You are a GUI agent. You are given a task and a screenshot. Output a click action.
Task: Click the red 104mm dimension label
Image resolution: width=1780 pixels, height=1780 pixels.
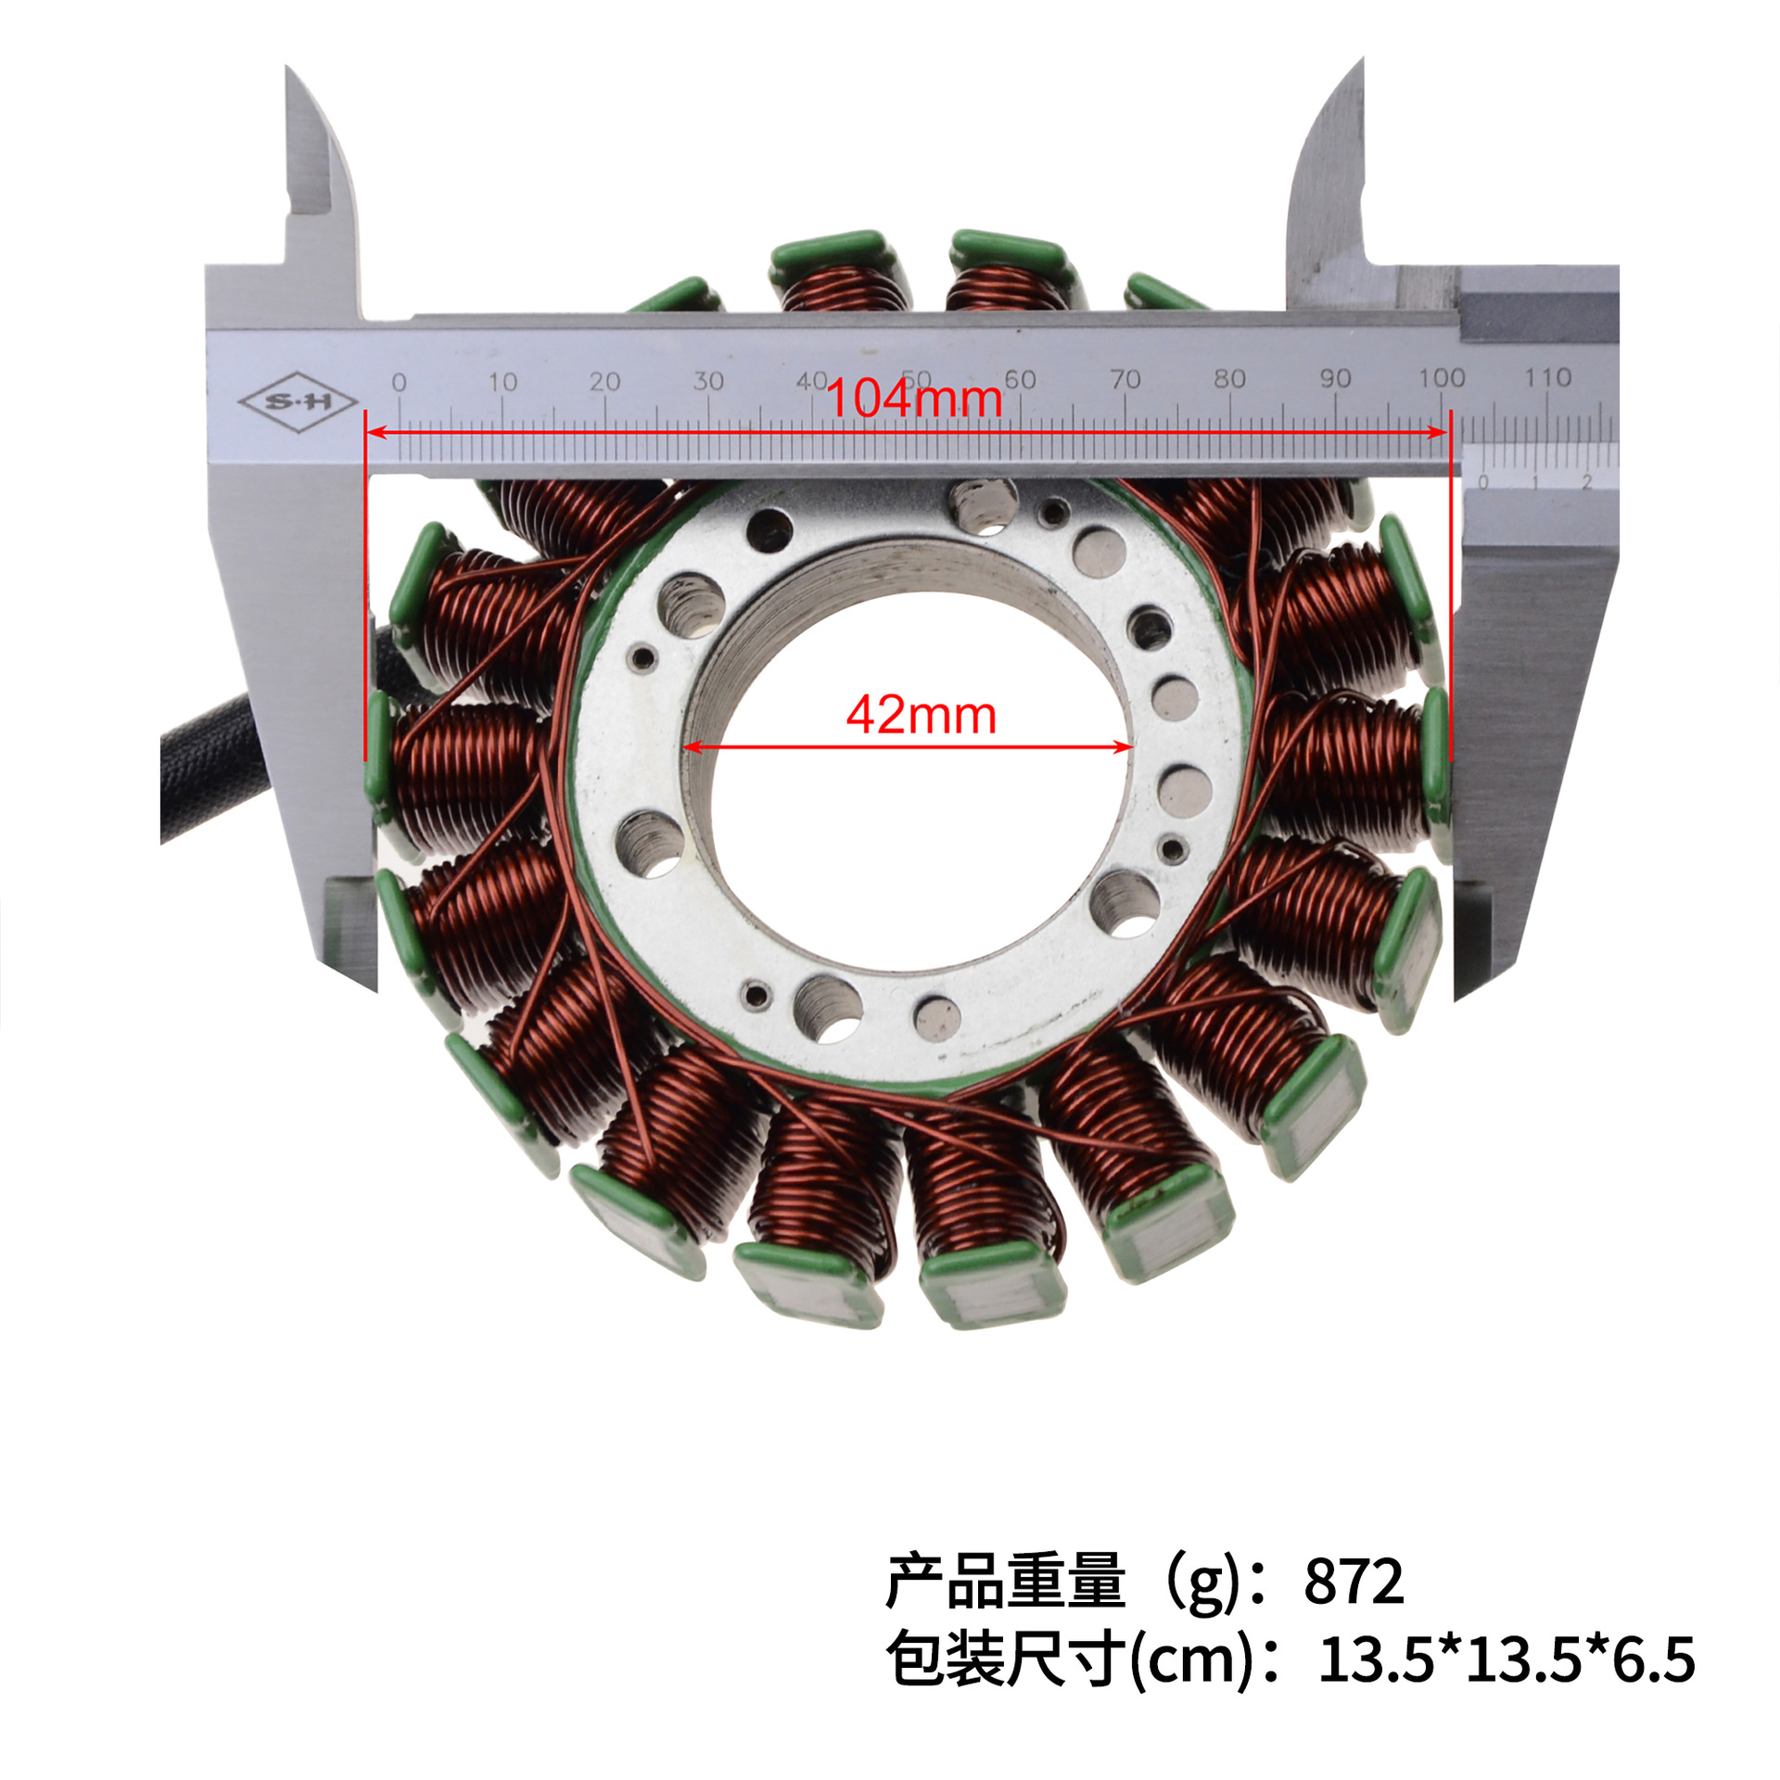913,399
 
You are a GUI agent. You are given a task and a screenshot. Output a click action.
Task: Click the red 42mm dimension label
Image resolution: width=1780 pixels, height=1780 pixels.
922,716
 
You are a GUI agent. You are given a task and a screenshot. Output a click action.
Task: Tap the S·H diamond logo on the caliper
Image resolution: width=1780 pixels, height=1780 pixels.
298,402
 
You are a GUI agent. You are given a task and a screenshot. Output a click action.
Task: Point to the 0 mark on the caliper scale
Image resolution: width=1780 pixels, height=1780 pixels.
399,382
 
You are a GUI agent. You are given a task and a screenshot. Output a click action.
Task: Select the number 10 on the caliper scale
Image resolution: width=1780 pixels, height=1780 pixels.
502,381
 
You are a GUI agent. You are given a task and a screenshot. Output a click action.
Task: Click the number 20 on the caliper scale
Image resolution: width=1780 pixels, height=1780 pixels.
604,381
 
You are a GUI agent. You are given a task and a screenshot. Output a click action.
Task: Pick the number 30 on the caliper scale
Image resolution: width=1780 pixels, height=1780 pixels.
708,380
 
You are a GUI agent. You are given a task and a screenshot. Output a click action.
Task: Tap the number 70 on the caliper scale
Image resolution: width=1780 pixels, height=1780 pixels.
1125,379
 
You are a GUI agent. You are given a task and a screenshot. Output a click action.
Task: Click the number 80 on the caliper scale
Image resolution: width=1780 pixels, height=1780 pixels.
1229,378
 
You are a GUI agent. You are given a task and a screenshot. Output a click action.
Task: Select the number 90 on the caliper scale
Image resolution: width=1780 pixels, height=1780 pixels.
1335,378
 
